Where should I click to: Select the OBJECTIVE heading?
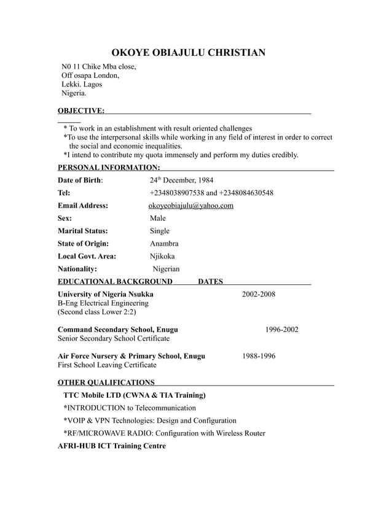click(80, 110)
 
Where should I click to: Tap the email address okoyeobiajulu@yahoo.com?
click(191, 206)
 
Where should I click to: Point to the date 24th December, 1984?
click(181, 180)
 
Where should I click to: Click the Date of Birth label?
click(80, 180)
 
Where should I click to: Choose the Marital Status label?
click(82, 231)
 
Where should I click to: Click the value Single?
click(159, 231)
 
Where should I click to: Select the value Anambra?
click(164, 244)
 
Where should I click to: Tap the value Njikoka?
click(162, 256)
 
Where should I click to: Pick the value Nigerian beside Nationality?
click(166, 269)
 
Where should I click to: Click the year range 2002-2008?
click(258, 294)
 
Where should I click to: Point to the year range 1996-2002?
click(281, 330)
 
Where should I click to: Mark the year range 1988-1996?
click(258, 356)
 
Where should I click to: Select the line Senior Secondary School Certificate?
click(114, 338)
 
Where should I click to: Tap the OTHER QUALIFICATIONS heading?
click(106, 382)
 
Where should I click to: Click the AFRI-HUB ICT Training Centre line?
click(111, 446)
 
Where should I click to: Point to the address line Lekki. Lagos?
click(82, 84)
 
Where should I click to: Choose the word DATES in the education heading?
click(211, 282)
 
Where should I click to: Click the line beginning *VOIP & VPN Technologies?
click(149, 420)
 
